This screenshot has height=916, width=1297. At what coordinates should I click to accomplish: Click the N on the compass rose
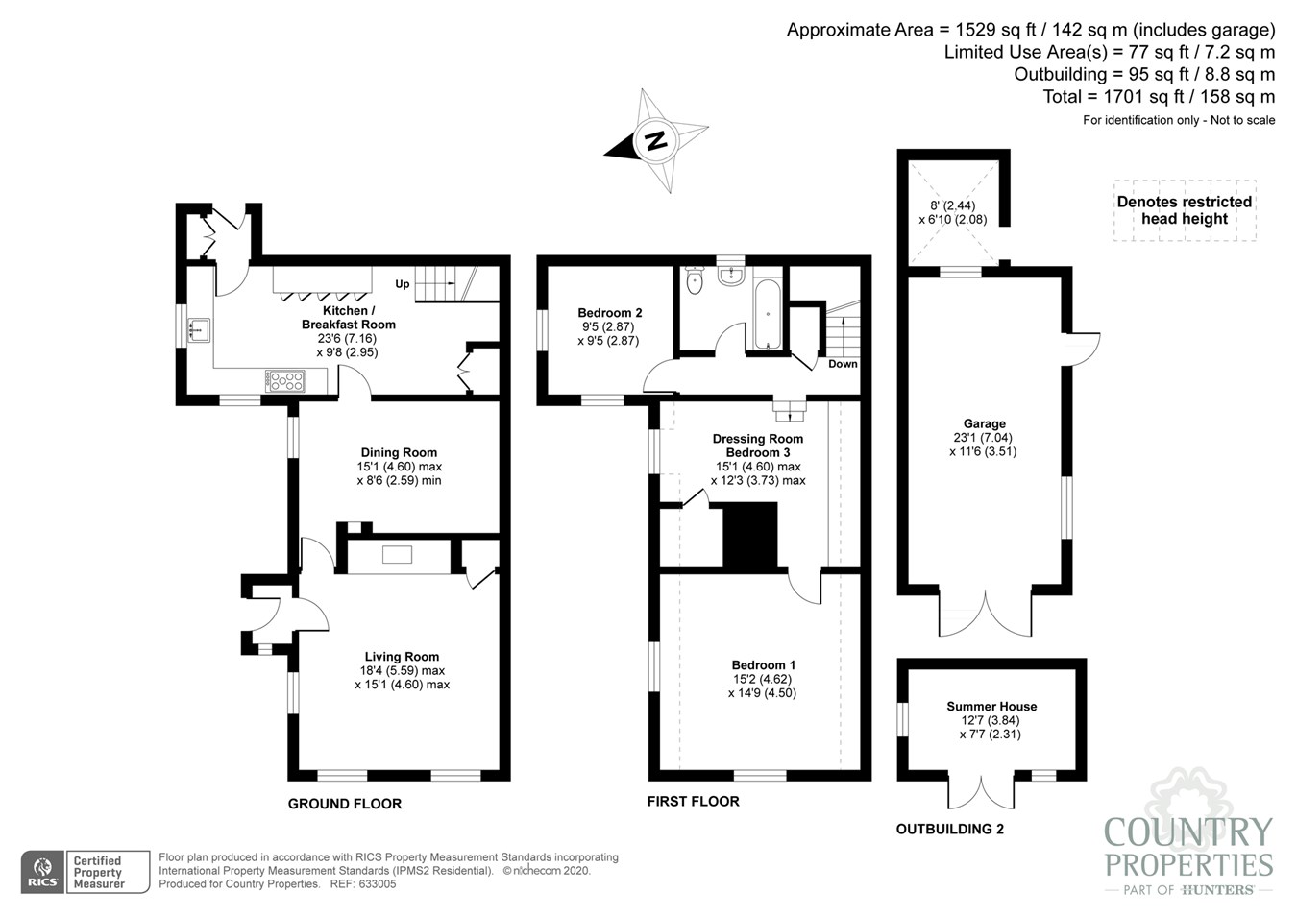coord(655,140)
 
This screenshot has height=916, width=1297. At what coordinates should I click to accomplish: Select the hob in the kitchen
coord(285,381)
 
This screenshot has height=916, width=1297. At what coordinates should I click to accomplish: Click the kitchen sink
coord(198,330)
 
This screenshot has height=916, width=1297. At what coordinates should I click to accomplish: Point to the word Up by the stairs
coord(403,284)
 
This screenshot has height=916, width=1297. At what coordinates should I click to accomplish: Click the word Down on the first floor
coord(843,364)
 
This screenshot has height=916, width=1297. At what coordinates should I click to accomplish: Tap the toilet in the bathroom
coord(694,280)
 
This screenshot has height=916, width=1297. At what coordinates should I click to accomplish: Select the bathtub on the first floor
coord(768,315)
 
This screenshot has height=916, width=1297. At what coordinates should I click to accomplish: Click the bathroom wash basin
coord(730,275)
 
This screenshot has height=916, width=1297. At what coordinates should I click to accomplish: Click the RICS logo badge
coord(43,872)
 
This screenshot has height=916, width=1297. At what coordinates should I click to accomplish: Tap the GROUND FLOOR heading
coord(345,804)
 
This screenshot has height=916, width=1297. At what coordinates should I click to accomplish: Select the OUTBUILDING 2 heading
coord(949,830)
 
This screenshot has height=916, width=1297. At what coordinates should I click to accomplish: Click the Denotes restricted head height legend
coord(1185,210)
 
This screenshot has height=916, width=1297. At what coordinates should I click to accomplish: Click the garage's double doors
coord(985,615)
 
